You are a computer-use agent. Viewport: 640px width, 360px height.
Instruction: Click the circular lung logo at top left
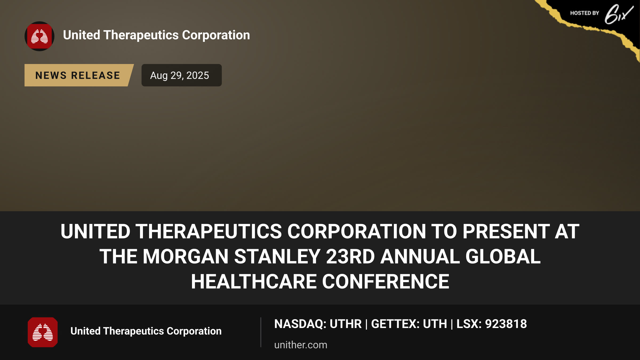(39, 36)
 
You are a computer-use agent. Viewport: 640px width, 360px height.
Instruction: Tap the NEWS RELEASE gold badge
(79, 75)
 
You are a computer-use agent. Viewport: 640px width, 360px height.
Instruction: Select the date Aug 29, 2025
(179, 75)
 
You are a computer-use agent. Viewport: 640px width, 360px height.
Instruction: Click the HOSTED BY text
(585, 13)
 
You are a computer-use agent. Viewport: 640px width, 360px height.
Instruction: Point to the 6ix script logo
(619, 14)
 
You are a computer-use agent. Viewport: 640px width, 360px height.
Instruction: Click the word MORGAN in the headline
(186, 257)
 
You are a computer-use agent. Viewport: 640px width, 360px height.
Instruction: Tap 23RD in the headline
(350, 257)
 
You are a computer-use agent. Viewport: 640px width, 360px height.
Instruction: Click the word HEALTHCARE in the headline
(254, 282)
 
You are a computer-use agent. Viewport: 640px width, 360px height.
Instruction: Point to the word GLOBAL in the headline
(503, 257)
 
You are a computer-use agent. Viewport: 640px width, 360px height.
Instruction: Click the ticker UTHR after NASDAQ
(346, 324)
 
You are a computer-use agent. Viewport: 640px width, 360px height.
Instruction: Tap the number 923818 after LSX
(506, 324)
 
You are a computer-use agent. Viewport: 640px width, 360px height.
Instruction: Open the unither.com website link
(301, 345)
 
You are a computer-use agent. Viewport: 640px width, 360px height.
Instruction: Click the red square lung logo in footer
(43, 332)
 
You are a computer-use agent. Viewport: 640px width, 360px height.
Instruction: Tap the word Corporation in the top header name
(216, 35)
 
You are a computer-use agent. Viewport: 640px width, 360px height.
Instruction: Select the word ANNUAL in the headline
(420, 257)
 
